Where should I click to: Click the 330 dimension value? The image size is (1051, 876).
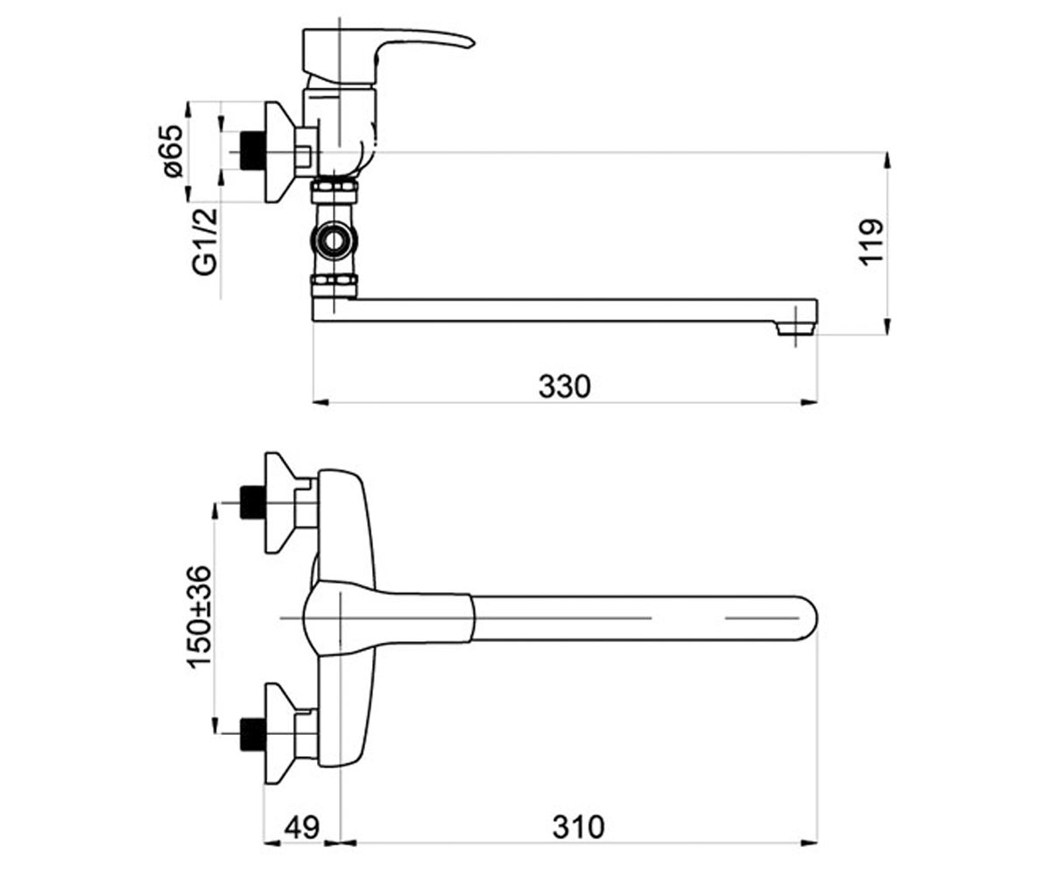(x=564, y=386)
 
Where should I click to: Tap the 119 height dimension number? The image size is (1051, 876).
(x=871, y=242)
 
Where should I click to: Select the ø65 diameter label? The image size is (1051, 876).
(x=172, y=151)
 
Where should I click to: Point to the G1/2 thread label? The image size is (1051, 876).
(x=205, y=241)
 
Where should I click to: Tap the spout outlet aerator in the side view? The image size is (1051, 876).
(x=795, y=329)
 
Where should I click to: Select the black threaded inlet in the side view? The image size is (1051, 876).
(x=251, y=151)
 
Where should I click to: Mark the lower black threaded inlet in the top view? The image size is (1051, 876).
(x=251, y=734)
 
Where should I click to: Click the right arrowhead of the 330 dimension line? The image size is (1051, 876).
(x=809, y=402)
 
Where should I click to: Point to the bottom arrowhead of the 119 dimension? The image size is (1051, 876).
(x=887, y=326)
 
